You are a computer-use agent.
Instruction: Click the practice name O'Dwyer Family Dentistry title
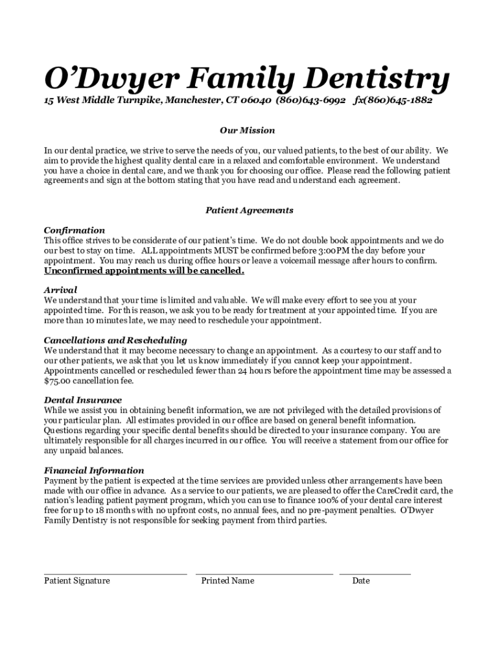(246, 79)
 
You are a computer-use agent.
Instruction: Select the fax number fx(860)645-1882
(393, 101)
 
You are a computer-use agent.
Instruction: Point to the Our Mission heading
(247, 130)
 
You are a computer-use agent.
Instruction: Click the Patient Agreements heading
(250, 210)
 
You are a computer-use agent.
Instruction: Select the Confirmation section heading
(74, 230)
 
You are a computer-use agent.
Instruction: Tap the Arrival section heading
(60, 290)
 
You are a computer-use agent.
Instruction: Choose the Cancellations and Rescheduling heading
(115, 340)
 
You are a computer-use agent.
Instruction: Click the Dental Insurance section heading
(82, 400)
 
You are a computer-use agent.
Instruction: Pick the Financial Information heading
(94, 470)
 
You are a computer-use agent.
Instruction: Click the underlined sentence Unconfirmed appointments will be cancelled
(144, 270)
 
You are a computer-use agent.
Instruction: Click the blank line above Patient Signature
(115, 573)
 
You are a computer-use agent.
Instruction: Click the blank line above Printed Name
(264, 573)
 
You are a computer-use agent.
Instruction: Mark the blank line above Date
(375, 573)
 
